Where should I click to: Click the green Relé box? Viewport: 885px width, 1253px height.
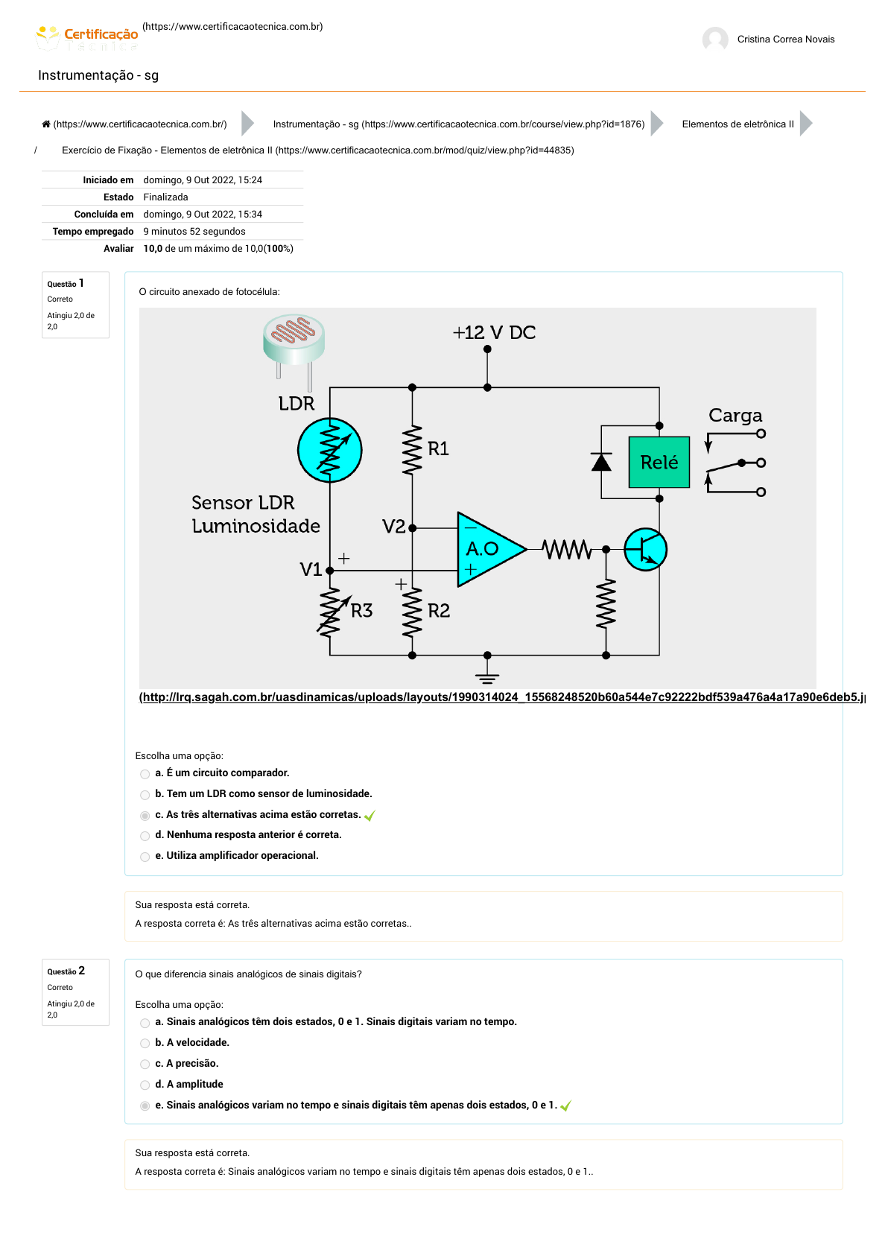pyautogui.click(x=659, y=463)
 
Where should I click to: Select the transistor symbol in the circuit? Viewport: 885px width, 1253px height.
pyautogui.click(x=645, y=550)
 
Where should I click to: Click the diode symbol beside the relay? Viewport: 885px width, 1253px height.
pyautogui.click(x=601, y=463)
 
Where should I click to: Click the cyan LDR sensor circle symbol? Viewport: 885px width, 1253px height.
pyautogui.click(x=330, y=450)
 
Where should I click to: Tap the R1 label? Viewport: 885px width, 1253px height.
pyautogui.click(x=438, y=448)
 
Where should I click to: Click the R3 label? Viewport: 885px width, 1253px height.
pyautogui.click(x=362, y=611)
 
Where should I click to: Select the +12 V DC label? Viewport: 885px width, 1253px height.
pyautogui.click(x=495, y=332)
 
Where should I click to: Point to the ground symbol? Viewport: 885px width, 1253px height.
pyautogui.click(x=487, y=676)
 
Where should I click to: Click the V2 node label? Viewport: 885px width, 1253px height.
pyautogui.click(x=393, y=527)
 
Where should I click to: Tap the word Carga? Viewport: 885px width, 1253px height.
pyautogui.click(x=735, y=415)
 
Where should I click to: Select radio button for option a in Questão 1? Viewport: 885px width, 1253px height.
pyautogui.click(x=145, y=774)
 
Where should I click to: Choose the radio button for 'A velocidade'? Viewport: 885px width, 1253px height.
pyautogui.click(x=145, y=1044)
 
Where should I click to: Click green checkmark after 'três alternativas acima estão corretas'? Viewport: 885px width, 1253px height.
pyautogui.click(x=369, y=816)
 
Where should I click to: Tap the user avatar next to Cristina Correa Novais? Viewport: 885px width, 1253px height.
pyautogui.click(x=715, y=39)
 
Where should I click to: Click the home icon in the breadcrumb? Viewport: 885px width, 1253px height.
pyautogui.click(x=46, y=124)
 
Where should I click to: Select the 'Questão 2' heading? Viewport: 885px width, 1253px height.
pyautogui.click(x=66, y=971)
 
